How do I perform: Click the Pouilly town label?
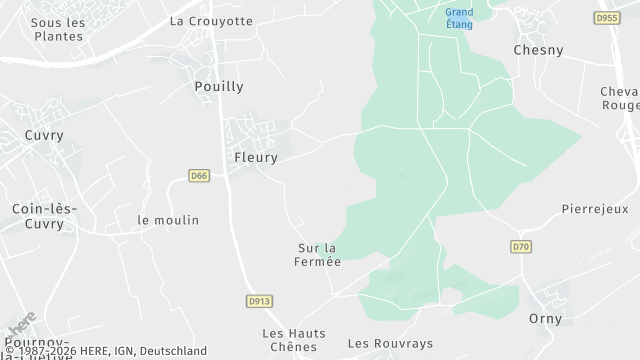217,87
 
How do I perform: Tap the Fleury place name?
255,157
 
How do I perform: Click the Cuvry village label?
44,135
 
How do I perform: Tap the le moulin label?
168,220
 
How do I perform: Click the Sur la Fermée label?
319,255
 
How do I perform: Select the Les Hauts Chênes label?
289,340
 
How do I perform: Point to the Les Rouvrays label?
390,343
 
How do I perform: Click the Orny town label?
545,319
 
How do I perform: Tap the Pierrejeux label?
594,210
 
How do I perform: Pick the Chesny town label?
538,49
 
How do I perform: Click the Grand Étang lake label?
460,18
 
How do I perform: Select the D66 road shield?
199,176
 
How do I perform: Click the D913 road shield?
258,301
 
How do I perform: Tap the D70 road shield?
520,246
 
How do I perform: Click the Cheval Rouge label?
619,98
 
